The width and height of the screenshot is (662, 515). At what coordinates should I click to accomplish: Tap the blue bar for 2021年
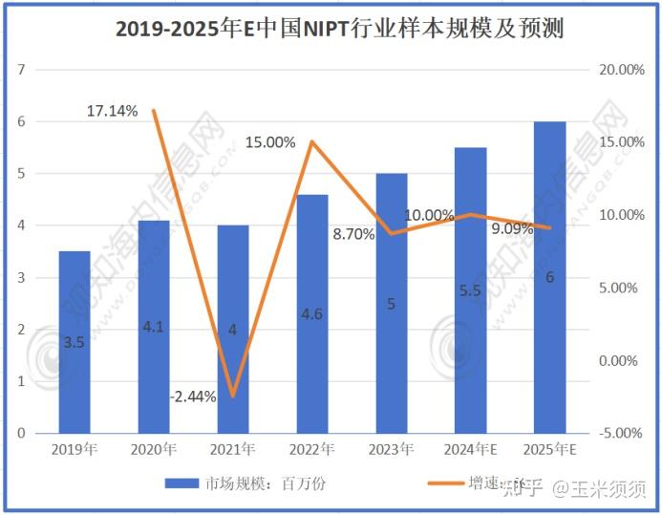[x=233, y=329]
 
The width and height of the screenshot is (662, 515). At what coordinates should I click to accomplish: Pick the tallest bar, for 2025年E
[x=549, y=277]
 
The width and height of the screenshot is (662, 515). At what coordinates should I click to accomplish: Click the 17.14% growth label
[x=112, y=111]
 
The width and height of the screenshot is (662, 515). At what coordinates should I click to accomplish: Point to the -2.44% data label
[x=193, y=396]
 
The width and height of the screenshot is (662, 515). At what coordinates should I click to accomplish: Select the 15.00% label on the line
[x=270, y=142]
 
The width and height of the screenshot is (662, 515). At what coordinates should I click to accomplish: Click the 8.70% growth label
[x=353, y=232]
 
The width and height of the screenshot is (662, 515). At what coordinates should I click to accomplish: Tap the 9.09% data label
[x=512, y=229]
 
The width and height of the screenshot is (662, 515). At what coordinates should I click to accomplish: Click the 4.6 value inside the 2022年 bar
[x=312, y=314]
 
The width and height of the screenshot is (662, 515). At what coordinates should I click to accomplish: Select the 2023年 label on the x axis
[x=392, y=448]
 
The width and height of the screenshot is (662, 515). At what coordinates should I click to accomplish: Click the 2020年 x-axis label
[x=155, y=448]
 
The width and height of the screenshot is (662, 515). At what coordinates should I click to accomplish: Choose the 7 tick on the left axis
[x=19, y=70]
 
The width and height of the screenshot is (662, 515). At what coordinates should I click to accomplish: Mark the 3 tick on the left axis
[x=19, y=278]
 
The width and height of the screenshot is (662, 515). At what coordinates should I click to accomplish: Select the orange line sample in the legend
[x=434, y=483]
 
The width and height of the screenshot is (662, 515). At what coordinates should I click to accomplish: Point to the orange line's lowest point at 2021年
[x=232, y=396]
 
